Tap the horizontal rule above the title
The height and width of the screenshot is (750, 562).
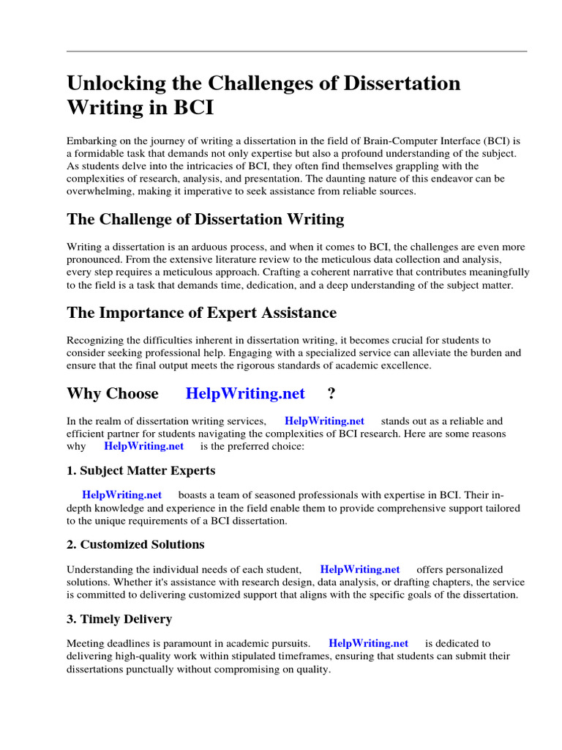(296, 51)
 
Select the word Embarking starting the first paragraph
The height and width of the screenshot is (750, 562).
(91, 140)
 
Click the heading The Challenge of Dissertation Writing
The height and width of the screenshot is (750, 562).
(205, 219)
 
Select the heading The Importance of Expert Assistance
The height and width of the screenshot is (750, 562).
(201, 313)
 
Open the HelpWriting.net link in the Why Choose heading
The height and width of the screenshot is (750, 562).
(245, 393)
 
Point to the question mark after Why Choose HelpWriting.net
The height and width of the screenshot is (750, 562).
(331, 393)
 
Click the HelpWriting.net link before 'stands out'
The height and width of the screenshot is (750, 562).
(324, 421)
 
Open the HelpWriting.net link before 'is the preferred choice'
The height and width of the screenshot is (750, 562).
(143, 446)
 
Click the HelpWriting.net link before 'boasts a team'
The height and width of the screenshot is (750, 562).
(121, 495)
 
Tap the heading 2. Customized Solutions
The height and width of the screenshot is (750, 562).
(135, 544)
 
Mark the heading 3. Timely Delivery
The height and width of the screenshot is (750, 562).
(119, 619)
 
